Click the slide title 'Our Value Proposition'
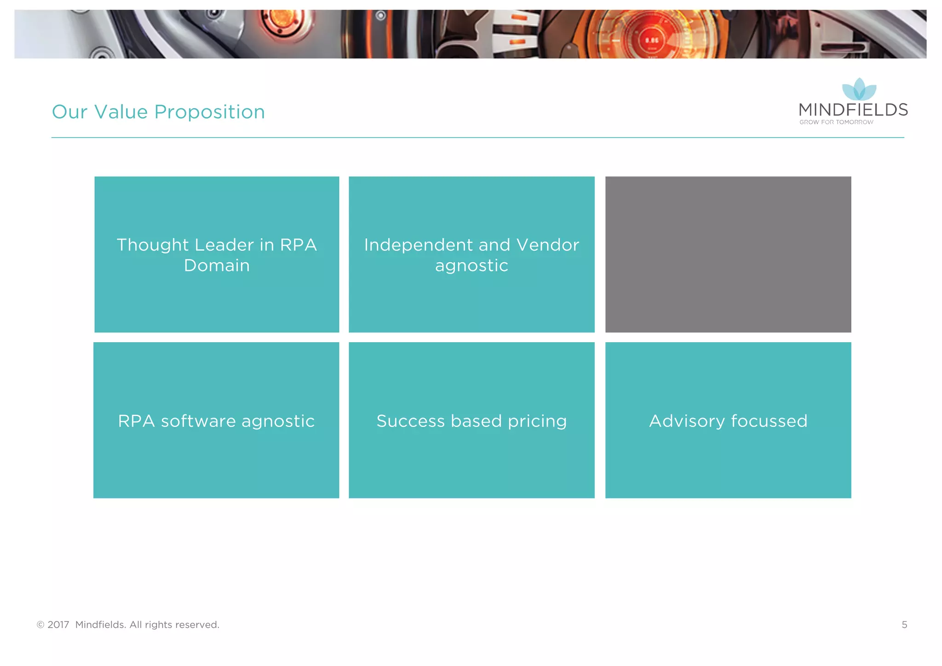click(158, 112)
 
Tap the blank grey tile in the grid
click(728, 254)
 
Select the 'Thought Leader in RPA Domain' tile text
click(217, 255)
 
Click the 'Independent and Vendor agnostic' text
click(471, 255)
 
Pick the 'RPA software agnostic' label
click(216, 421)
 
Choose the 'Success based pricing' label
click(471, 421)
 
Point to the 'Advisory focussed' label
click(728, 421)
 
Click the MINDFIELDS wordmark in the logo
click(853, 110)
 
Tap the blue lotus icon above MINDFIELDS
click(859, 89)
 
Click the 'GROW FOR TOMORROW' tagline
click(836, 122)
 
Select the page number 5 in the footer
click(904, 625)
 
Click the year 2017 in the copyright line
click(58, 625)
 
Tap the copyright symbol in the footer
click(40, 625)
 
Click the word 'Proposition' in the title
click(209, 112)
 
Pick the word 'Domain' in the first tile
click(217, 265)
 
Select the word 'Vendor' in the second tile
click(547, 245)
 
